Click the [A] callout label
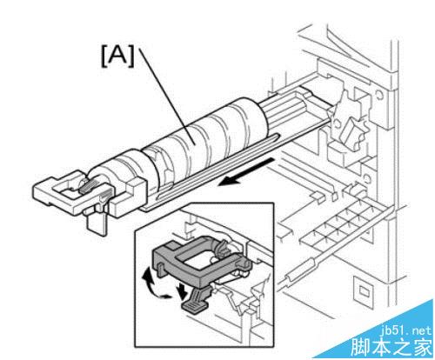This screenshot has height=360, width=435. tap(118, 57)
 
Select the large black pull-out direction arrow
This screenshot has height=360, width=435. tap(245, 171)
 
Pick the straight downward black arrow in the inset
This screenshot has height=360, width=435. tap(183, 292)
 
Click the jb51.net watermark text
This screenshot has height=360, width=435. tap(405, 330)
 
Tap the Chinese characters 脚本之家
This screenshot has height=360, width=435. tap(391, 347)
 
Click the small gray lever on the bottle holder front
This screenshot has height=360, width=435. tap(88, 186)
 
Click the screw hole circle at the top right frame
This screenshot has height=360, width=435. tap(378, 94)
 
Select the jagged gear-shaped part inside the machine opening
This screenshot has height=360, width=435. tap(348, 122)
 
